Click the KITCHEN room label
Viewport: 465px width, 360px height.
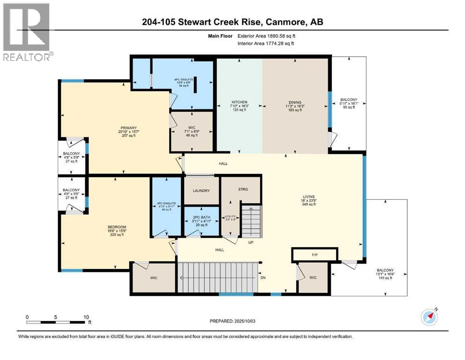point(239,102)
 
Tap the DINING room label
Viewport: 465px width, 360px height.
point(295,102)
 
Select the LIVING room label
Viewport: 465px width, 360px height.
point(308,196)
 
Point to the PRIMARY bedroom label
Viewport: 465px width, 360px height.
point(127,128)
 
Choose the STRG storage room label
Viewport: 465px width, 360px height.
point(242,189)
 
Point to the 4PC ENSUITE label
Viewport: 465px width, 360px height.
point(184,79)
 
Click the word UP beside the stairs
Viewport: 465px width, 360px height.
point(251,243)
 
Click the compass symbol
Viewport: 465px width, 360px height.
point(429,317)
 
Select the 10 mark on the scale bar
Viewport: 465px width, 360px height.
point(86,317)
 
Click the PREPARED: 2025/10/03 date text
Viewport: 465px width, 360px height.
point(232,321)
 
